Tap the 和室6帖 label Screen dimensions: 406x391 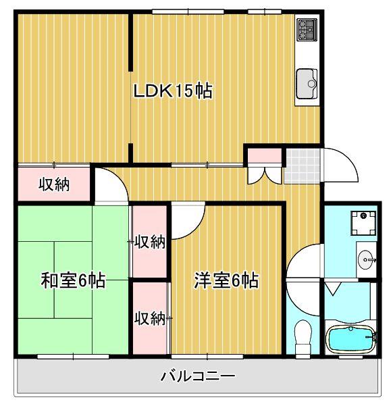point(73,280)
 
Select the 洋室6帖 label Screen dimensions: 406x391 point(226,280)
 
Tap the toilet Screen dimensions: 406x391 point(303,334)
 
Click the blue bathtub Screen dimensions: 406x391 point(349,338)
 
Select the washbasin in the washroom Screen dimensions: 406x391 point(365,257)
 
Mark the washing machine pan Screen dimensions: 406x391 point(363,220)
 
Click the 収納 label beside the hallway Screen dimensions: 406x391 point(53,184)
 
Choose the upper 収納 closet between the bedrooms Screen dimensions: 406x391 point(149,241)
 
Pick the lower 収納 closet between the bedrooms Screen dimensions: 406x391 point(149,318)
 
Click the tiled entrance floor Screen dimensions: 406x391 point(299,165)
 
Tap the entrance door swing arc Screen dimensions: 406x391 point(340,166)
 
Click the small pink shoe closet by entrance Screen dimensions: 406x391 point(263,156)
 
